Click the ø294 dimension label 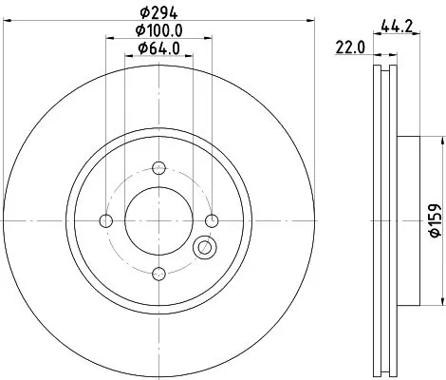[158, 13]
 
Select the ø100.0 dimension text [158, 30]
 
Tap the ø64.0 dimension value [158, 48]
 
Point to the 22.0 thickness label [348, 47]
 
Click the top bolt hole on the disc [158, 168]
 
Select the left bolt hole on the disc [105, 221]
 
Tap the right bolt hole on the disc [212, 221]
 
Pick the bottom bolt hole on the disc [158, 275]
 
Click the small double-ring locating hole [203, 249]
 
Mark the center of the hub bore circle [158, 221]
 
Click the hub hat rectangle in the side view [405, 221]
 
